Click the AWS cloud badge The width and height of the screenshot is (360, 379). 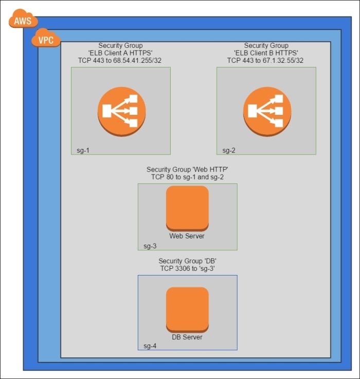(23, 21)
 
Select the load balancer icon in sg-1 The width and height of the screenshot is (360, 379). (122, 111)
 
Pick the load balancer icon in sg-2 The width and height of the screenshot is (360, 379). (266, 111)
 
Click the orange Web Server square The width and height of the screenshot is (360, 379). (187, 208)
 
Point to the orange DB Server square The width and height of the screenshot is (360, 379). (187, 309)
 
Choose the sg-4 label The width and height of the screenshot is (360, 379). (150, 346)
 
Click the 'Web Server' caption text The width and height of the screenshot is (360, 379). (187, 236)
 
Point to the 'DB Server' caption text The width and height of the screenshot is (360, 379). (187, 337)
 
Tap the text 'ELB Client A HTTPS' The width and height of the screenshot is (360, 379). (120, 54)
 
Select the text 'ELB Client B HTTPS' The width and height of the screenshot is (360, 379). (266, 54)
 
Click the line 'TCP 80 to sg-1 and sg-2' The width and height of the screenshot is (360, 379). (187, 177)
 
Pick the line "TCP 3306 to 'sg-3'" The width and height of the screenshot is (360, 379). (187, 269)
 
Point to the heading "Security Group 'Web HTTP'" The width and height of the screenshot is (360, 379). (187, 169)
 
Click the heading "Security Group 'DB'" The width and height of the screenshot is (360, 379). (187, 262)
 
